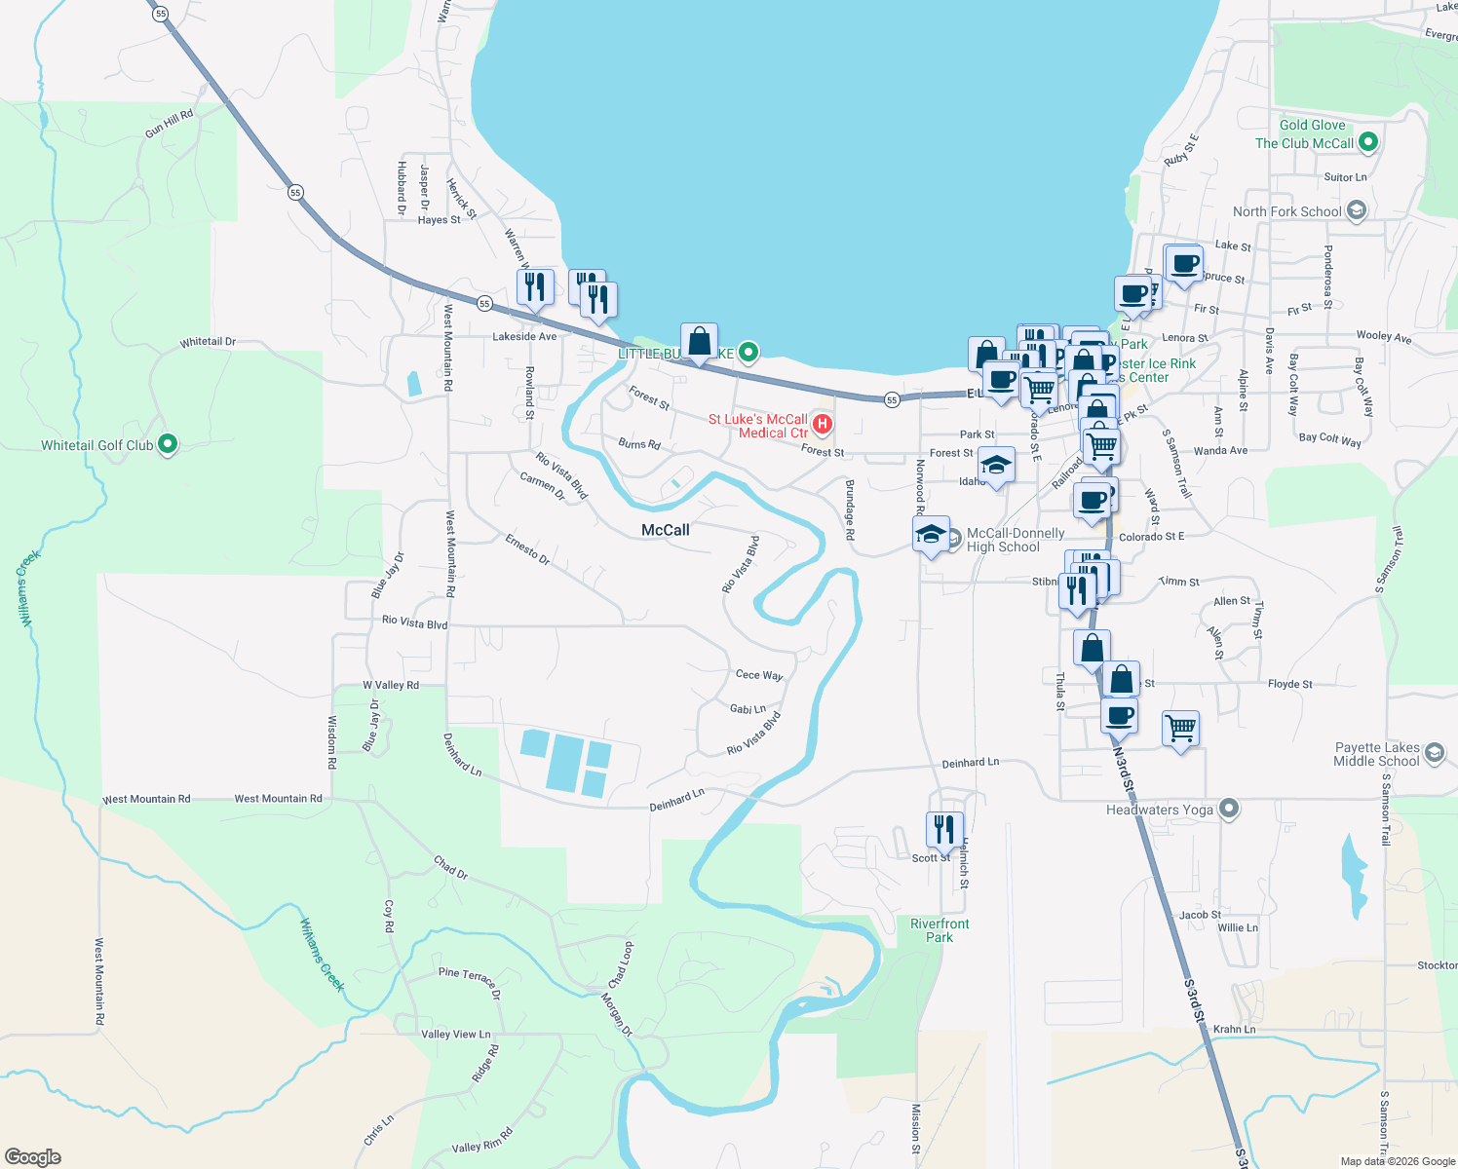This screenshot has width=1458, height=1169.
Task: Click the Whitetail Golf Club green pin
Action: [x=168, y=445]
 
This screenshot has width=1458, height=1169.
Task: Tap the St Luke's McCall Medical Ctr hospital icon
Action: [x=823, y=424]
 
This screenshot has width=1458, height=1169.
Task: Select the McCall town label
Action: [x=666, y=530]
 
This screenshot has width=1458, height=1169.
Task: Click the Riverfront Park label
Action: [x=940, y=930]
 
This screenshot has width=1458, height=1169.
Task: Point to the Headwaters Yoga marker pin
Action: [x=1229, y=810]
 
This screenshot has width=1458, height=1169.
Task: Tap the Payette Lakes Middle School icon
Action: [x=1434, y=753]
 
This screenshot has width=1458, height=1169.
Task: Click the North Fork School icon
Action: [x=1356, y=210]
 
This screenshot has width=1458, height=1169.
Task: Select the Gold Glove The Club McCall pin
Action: [x=1367, y=142]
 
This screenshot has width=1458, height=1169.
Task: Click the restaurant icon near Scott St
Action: [x=943, y=830]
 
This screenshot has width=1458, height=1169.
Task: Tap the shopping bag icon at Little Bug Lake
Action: [x=699, y=341]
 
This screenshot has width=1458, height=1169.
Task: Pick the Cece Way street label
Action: [x=759, y=674]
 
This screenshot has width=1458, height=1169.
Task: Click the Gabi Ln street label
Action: [x=748, y=709]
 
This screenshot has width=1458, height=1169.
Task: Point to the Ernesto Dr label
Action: [x=527, y=548]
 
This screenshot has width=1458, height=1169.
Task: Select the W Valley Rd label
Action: [x=391, y=685]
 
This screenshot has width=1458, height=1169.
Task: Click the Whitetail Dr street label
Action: [x=208, y=342]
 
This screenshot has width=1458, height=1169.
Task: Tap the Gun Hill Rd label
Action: [x=170, y=123]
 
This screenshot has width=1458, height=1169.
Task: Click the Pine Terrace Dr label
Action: [x=469, y=982]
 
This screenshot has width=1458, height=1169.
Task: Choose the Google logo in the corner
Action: [x=33, y=1157]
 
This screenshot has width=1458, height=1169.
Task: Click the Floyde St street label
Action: [x=1289, y=684]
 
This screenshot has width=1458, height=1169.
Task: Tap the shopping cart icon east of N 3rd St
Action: [x=1180, y=727]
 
